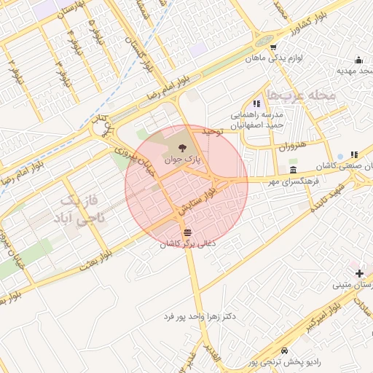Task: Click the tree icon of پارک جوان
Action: point(181,148)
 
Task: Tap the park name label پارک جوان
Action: point(186,159)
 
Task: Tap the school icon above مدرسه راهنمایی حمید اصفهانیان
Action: point(256,104)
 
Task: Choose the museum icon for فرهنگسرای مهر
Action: point(292,169)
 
